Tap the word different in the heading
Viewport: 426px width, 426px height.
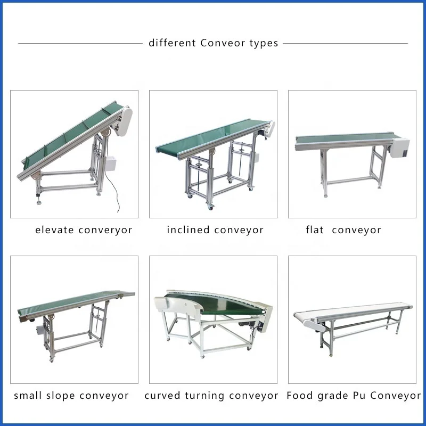pyautogui.click(x=173, y=43)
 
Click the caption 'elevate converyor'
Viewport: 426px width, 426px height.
pyautogui.click(x=84, y=230)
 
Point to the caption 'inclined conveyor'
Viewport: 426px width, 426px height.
pyautogui.click(x=215, y=230)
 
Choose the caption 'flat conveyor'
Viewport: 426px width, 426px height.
pyautogui.click(x=343, y=230)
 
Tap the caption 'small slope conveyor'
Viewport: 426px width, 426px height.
pyautogui.click(x=71, y=396)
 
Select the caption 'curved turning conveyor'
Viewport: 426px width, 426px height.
pyautogui.click(x=211, y=396)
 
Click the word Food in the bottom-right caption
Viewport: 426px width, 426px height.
pyautogui.click(x=299, y=396)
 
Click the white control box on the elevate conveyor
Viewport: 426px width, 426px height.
pyautogui.click(x=111, y=162)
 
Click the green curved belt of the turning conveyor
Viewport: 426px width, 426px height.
pyautogui.click(x=213, y=304)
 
